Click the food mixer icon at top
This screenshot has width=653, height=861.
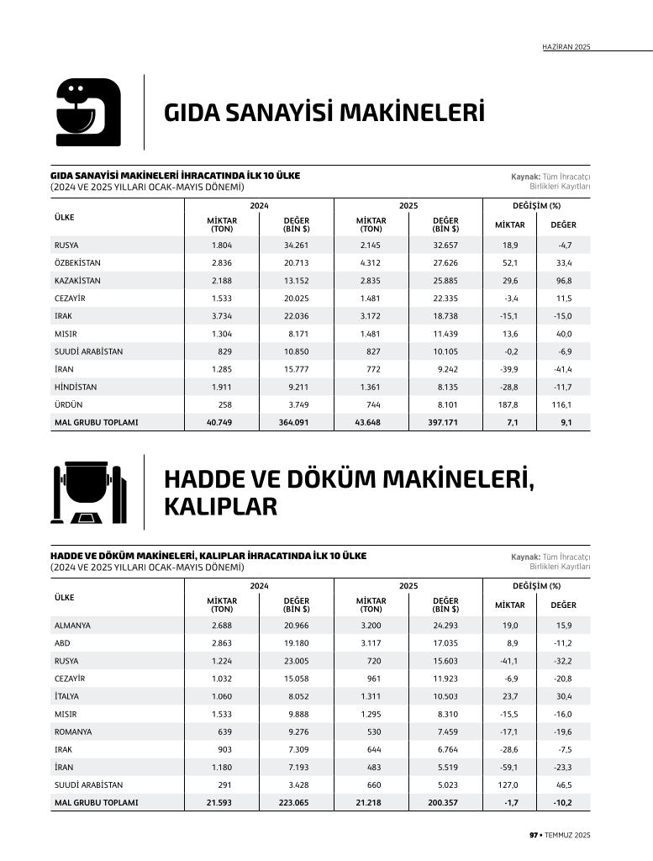87,112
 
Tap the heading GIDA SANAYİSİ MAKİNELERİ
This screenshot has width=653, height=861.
324,113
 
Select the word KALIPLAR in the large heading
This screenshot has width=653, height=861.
220,507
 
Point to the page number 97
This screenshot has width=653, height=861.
533,834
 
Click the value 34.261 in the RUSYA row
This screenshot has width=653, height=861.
296,245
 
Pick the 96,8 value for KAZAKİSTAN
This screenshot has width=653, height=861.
562,281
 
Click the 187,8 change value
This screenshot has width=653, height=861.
508,404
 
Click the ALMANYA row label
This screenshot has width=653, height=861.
72,626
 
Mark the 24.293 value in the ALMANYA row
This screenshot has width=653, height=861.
445,626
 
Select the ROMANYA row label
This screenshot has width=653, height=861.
73,732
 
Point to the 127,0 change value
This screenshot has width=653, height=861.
508,784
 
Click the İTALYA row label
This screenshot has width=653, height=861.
66,696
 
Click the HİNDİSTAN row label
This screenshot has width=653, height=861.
76,387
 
